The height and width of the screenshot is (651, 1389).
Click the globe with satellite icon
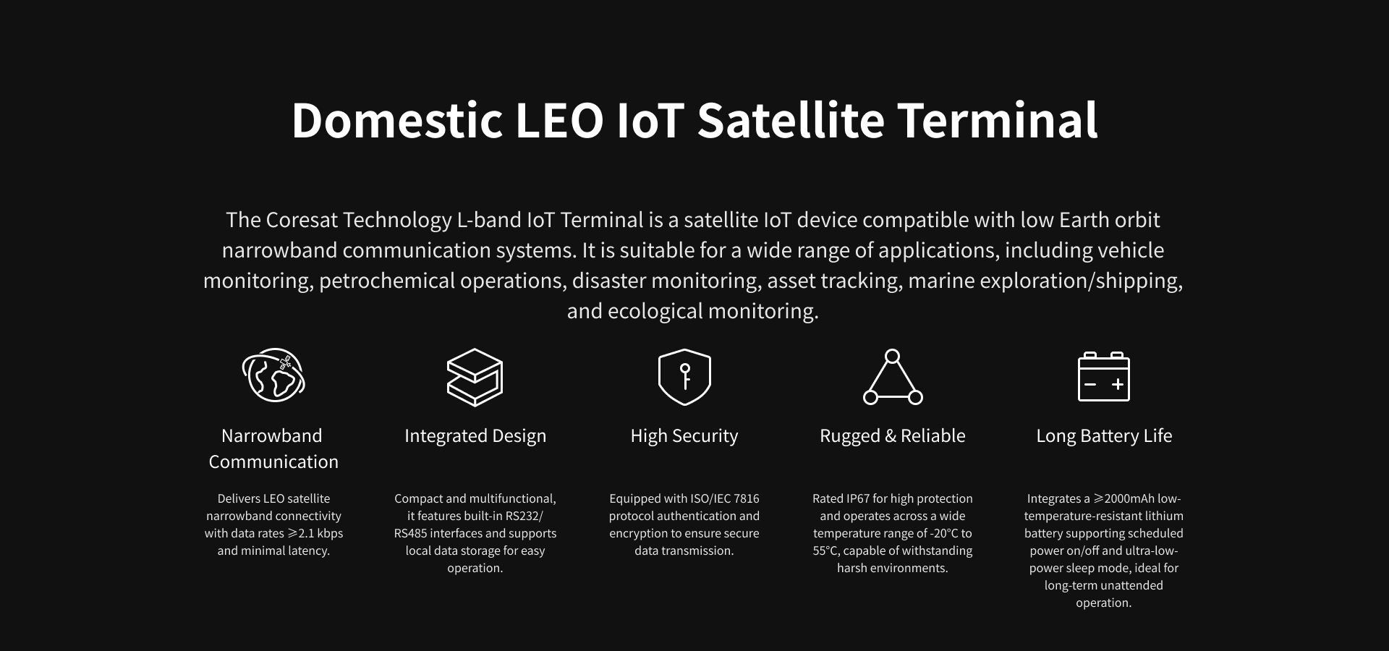point(273,375)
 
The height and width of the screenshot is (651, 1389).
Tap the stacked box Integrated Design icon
point(475,377)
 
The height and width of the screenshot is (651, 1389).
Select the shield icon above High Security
point(684,377)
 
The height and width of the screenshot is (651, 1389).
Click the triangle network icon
point(893,377)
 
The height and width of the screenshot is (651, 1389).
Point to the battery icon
point(1104,376)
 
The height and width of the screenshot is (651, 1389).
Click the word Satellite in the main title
point(791,120)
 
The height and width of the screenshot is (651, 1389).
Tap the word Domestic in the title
point(397,120)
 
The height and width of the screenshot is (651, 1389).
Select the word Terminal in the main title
point(998,120)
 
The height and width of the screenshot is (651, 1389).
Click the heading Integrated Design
point(475,435)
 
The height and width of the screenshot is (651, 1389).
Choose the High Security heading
point(684,435)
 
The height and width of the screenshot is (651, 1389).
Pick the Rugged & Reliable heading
point(893,435)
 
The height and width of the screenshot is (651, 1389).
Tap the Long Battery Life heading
point(1104,435)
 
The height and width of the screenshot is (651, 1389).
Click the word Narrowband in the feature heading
point(272,435)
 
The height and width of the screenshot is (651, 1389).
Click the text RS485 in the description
point(411,533)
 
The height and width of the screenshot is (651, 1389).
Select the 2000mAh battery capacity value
point(1131,498)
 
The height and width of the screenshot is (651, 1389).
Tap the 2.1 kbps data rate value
point(320,533)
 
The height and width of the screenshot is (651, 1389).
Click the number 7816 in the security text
point(747,498)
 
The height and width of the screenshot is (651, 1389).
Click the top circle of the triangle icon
point(893,356)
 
